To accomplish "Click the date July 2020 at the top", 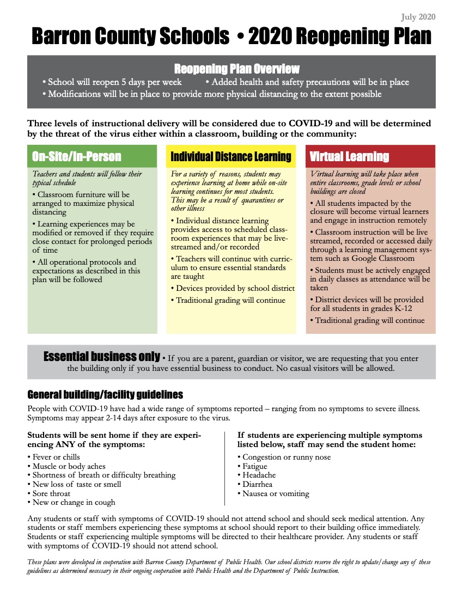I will point(418,17).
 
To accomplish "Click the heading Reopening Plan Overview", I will point(236,69).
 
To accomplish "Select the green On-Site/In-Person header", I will point(76,157).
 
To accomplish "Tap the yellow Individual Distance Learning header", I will point(231,157).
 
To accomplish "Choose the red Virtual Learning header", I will point(349,157).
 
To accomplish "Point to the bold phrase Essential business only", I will point(101,357).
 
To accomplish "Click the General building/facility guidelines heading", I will point(105,394).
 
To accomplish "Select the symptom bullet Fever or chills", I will point(56,457).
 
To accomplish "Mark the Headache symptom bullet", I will point(259,475).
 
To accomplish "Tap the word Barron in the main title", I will point(60,36).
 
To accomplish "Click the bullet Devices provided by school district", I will point(235,288).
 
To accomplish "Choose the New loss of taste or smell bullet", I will point(77,484).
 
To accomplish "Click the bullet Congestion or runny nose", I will point(287,457).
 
